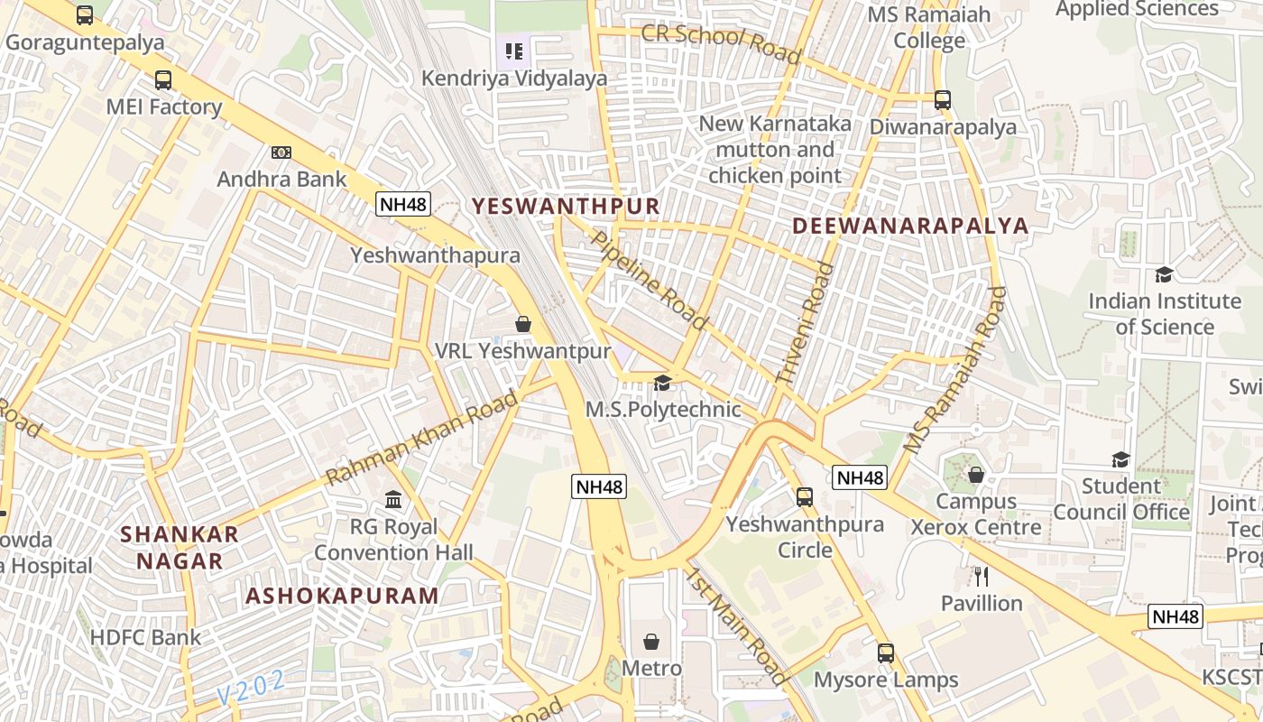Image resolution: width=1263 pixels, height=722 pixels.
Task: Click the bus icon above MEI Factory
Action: point(163,80)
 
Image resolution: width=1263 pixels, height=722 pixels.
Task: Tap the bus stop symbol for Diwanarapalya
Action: point(943,100)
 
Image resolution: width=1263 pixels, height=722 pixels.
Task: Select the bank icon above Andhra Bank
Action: point(281,153)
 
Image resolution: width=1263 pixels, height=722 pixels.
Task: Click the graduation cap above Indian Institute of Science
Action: point(1164,274)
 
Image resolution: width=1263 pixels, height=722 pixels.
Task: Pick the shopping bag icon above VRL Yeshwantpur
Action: point(523,323)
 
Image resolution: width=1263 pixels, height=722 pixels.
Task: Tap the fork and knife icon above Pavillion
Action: point(982,576)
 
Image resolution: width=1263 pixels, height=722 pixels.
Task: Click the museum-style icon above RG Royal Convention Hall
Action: point(393,499)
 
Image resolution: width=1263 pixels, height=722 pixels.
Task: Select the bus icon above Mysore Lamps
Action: point(886,653)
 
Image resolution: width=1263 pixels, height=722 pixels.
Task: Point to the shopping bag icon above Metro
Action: point(651,642)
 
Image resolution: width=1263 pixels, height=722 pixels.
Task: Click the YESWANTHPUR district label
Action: point(566,206)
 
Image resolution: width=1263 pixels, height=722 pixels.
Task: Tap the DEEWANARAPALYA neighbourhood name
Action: point(910,226)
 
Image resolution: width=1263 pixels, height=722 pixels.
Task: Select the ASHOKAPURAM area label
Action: point(342,596)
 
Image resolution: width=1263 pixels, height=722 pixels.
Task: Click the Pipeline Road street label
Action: point(649,279)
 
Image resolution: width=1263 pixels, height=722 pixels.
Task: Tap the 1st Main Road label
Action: point(736,625)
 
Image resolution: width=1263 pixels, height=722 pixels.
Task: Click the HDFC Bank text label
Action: point(146,637)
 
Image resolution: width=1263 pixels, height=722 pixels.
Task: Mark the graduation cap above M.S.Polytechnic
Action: point(663,384)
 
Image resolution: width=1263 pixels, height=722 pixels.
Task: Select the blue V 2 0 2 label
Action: point(251,688)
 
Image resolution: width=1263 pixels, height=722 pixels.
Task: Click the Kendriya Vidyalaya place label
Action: point(514,79)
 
